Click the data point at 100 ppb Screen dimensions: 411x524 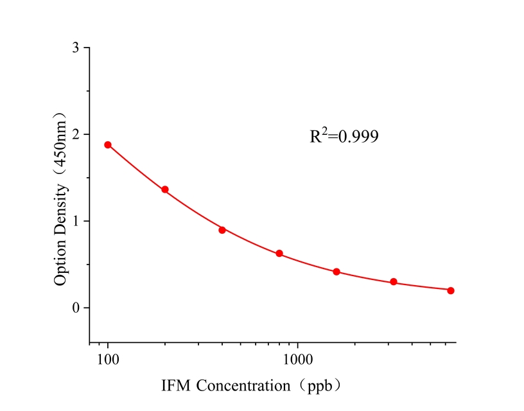(108, 144)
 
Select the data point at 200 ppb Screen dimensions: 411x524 (165, 189)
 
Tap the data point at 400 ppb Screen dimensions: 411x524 (222, 230)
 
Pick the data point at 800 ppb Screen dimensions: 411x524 (279, 254)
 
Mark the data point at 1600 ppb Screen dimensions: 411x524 (336, 272)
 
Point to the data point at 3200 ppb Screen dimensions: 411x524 (394, 282)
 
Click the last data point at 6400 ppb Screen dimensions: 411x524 (451, 290)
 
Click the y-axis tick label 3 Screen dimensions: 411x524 (76, 48)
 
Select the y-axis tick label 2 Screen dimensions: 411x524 (76, 135)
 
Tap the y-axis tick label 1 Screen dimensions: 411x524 (76, 221)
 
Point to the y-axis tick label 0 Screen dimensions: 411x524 (76, 308)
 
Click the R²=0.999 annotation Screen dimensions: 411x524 (344, 136)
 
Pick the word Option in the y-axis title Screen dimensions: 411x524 (60, 258)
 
